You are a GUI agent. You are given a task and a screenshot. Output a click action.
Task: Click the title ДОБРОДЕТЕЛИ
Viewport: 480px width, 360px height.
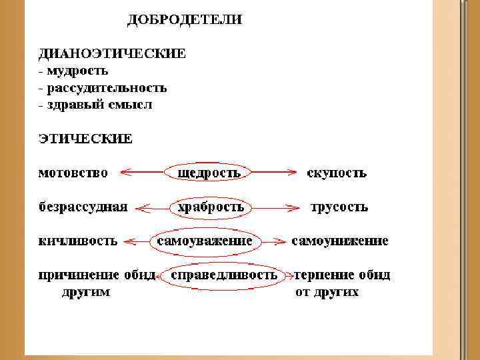185,20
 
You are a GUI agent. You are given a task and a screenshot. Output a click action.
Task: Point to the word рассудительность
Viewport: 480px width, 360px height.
107,87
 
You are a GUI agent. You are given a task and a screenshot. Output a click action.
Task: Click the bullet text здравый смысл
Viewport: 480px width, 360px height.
99,105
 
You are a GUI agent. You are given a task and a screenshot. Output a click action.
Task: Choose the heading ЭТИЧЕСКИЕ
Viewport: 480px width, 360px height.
85,139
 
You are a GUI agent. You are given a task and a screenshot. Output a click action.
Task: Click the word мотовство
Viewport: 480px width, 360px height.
73,173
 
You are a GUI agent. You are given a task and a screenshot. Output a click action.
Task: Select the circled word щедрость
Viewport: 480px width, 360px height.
208,173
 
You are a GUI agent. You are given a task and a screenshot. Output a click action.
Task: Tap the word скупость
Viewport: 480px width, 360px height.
336,173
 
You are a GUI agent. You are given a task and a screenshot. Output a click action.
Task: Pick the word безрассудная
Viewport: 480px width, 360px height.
83,207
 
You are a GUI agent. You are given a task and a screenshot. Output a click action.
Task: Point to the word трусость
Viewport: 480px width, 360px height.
339,207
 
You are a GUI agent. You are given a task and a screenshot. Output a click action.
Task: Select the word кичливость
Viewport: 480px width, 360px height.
77,241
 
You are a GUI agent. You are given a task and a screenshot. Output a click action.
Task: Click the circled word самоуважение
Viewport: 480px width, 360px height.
204,241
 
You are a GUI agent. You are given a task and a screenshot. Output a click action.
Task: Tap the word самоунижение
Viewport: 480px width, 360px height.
340,241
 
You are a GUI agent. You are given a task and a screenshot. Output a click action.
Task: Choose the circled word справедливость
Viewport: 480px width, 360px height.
224,275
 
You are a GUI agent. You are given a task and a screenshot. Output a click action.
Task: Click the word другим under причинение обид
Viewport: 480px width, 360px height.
86,292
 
